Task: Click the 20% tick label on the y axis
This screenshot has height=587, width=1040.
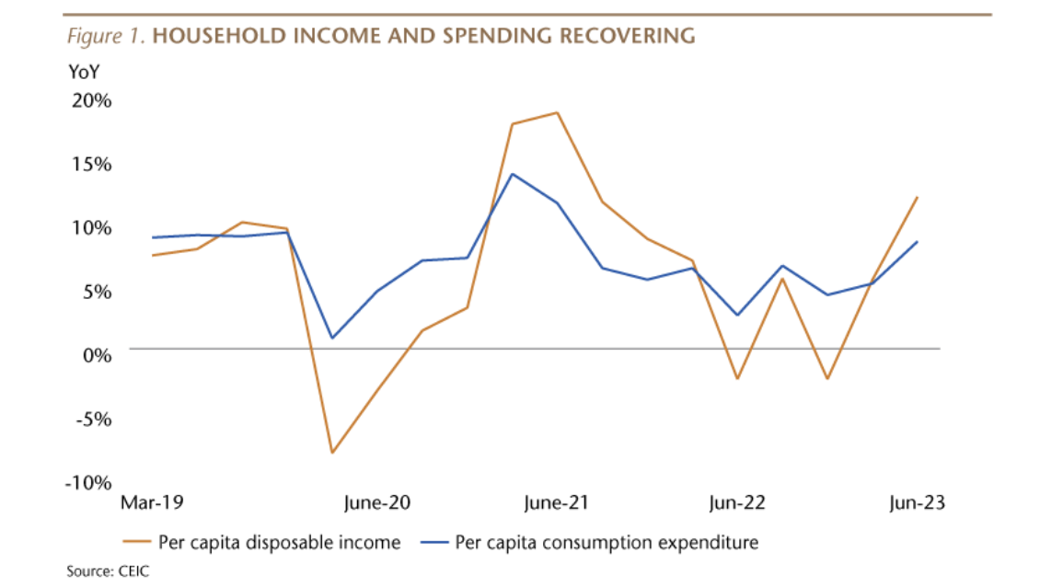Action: [90, 100]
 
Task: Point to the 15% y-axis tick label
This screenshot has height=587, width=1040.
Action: [90, 164]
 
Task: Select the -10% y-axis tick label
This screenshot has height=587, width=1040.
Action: [88, 483]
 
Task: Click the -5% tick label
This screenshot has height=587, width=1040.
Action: [92, 419]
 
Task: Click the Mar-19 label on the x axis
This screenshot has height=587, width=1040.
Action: [153, 503]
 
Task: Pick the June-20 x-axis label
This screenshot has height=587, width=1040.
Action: [377, 503]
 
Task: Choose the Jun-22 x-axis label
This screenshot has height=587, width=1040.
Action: [738, 503]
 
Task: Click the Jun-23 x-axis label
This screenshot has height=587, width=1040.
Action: [918, 503]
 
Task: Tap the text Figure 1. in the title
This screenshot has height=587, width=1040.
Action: [106, 37]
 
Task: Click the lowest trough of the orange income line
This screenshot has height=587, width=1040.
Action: [332, 453]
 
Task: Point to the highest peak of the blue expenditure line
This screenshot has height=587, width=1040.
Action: [513, 174]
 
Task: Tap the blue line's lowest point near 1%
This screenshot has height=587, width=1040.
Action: [332, 338]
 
